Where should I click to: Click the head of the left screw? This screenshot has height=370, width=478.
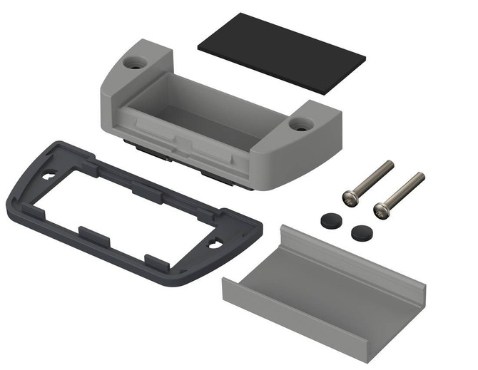click(x=350, y=195)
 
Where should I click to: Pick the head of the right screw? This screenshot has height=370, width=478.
click(x=382, y=209)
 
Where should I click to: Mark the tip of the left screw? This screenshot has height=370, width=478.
click(x=390, y=163)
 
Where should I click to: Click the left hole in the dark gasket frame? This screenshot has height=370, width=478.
click(x=49, y=175)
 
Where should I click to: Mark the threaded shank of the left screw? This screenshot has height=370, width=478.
click(x=372, y=178)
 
